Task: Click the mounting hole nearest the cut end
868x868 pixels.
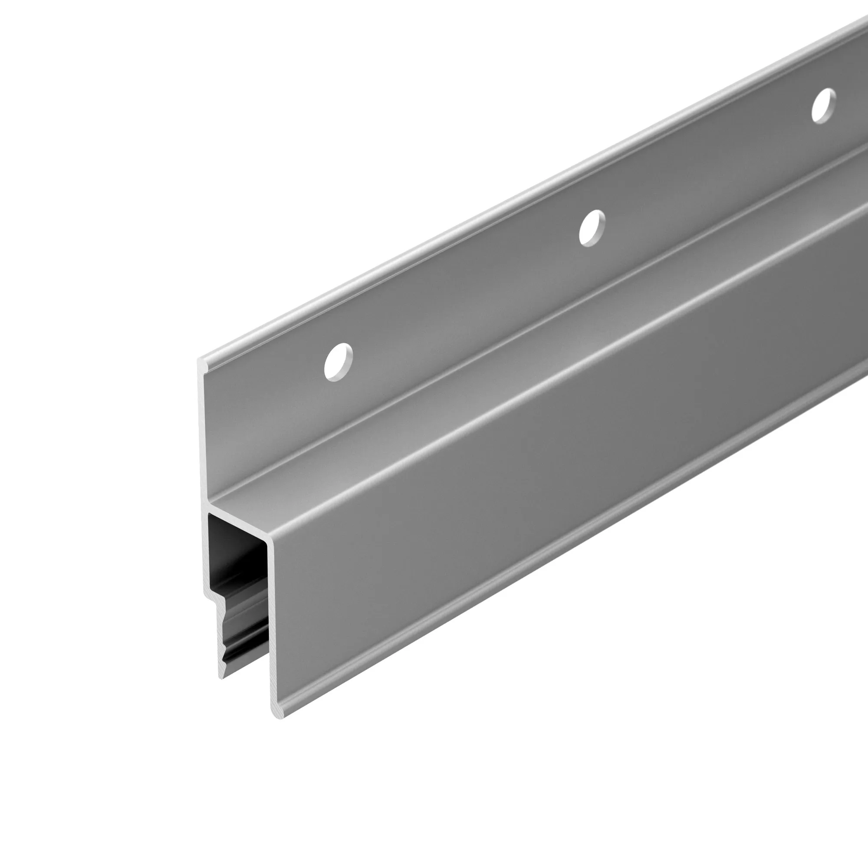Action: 339,362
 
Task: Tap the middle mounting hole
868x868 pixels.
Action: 592,228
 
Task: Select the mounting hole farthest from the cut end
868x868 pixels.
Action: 824,105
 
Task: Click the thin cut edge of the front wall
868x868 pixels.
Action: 271,629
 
